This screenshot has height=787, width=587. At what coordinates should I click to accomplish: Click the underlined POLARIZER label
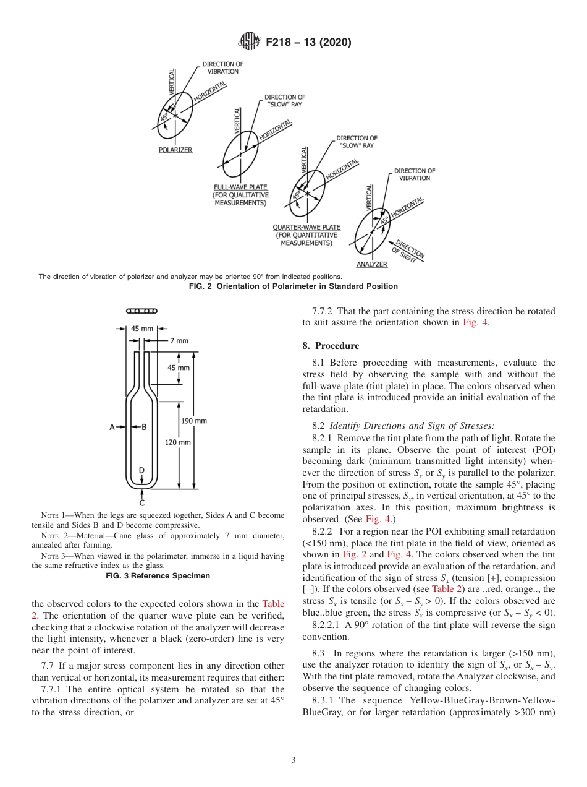[x=175, y=150]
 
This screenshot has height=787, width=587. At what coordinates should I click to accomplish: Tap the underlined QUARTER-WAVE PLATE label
[x=306, y=227]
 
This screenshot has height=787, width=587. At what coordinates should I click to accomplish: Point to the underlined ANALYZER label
[x=371, y=264]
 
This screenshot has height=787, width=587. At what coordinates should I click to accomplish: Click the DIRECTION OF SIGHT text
[x=408, y=252]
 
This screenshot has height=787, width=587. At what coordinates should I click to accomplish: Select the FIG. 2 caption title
[x=293, y=286]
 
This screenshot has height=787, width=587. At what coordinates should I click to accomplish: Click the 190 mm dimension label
[x=194, y=421]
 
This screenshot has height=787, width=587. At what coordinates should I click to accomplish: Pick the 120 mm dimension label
[x=178, y=442]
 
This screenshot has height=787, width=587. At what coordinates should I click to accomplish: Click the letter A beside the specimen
[x=112, y=427]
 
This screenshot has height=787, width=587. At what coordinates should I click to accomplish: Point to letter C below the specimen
[x=141, y=502]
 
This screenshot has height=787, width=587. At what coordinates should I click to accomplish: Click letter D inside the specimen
[x=141, y=471]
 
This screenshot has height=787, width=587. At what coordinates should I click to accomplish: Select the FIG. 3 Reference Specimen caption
[x=158, y=575]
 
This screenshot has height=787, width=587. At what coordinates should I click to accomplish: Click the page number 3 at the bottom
[x=293, y=760]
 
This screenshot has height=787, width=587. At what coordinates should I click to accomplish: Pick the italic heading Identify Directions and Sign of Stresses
[x=412, y=426]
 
